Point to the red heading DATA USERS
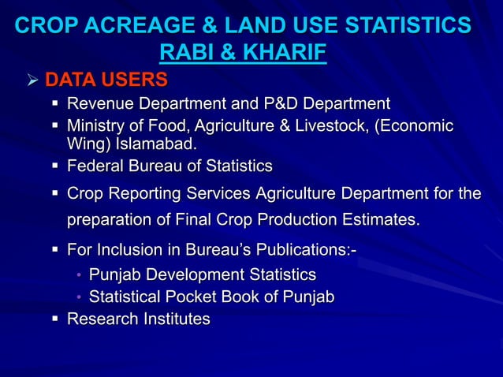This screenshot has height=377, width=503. point(106,80)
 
